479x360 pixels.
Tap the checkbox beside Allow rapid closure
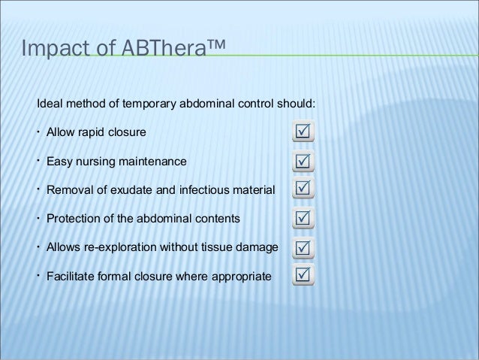(x=302, y=135)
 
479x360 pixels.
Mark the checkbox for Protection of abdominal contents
(x=302, y=219)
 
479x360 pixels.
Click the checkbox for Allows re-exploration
(x=302, y=247)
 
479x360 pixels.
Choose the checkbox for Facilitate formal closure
(x=302, y=276)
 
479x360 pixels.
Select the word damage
(x=256, y=247)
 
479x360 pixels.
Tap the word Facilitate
(x=71, y=276)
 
